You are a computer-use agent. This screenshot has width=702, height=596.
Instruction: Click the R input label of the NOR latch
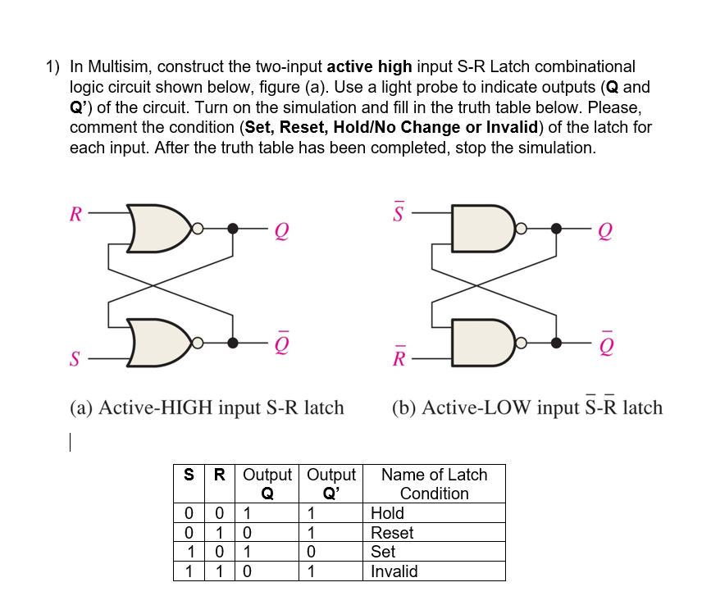point(75,216)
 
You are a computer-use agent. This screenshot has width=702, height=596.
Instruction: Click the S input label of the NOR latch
point(75,358)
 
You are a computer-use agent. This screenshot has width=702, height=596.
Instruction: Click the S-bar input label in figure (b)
point(399,213)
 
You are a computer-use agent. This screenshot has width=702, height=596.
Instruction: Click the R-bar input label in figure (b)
point(399,358)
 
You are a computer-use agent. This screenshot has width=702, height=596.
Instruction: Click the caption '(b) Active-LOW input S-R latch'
point(527,407)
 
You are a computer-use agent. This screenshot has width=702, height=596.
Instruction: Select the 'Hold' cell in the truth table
point(388,513)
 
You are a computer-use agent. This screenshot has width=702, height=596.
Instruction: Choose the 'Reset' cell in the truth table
point(392,533)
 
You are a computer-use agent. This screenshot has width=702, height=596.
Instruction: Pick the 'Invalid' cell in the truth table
point(394,571)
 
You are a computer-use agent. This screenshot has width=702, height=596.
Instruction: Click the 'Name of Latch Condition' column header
point(434,484)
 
